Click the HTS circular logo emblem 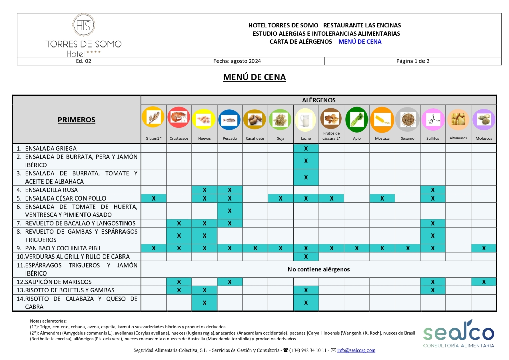point(83,25)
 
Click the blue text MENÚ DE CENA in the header point(360,42)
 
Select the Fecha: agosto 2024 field point(237,61)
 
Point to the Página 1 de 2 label point(413,61)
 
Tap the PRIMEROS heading point(76,120)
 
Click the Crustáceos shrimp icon point(179,117)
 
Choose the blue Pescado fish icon point(230,120)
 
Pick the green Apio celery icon point(357,120)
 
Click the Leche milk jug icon point(306,120)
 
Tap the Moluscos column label point(484,138)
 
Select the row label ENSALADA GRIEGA point(51,148)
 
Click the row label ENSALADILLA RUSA point(51,190)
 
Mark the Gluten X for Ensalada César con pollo point(154,198)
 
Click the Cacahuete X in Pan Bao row point(255,248)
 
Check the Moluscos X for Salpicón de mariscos point(484,282)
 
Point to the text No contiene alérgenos point(319,269)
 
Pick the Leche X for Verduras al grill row point(306,257)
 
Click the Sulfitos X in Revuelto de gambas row point(433,236)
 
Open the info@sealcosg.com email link point(356,350)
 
